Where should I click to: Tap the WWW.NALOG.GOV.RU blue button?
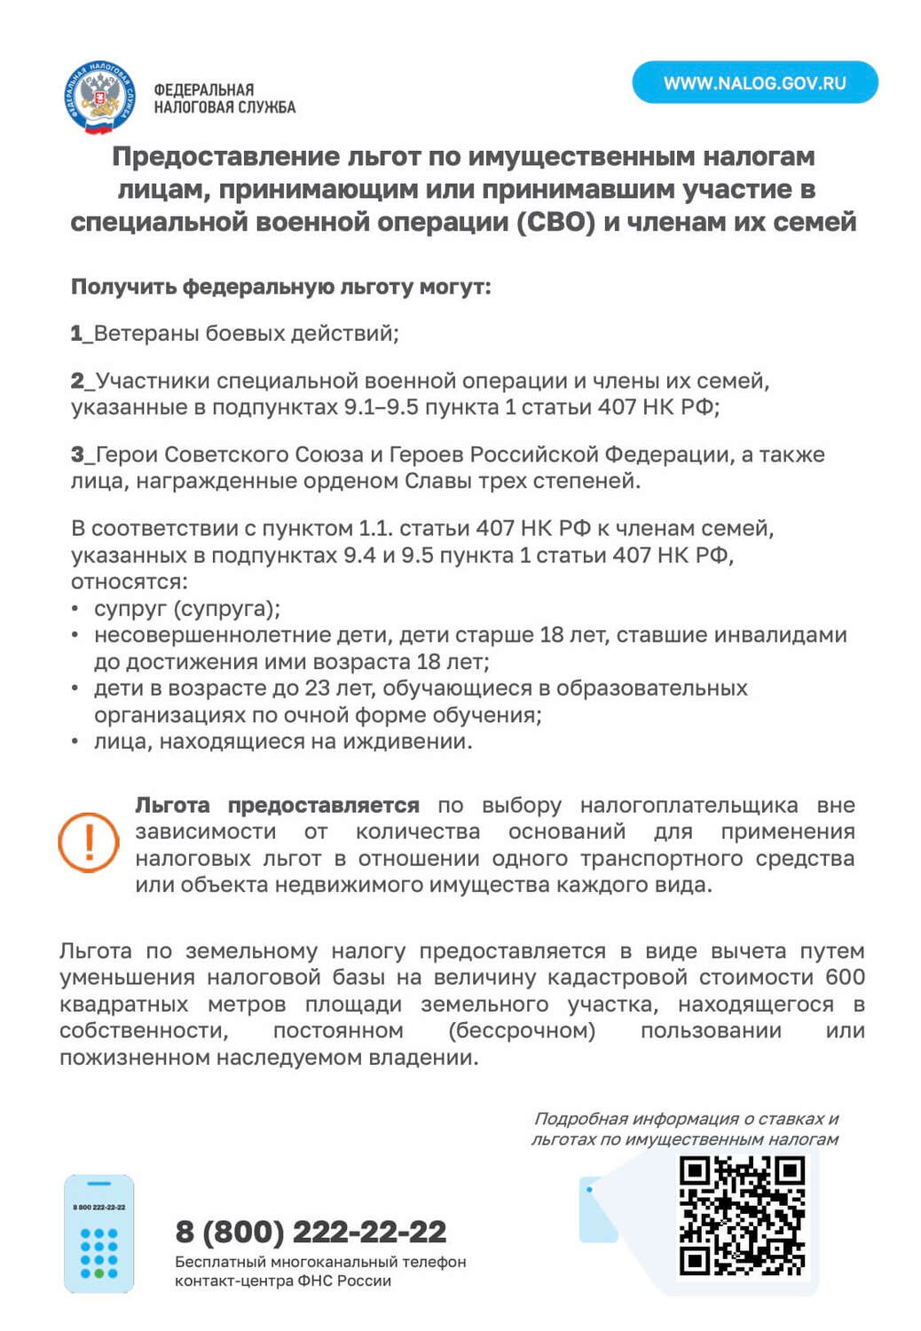(754, 83)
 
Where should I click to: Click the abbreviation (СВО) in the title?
(555, 221)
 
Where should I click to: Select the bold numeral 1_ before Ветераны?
(81, 334)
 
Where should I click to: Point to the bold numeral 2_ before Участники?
(82, 381)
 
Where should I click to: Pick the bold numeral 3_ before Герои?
(82, 454)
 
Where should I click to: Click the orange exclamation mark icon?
(89, 842)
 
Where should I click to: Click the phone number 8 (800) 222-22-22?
(311, 1232)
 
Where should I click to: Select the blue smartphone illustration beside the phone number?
(98, 1233)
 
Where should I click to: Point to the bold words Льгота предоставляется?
(277, 805)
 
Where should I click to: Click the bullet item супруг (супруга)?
(187, 609)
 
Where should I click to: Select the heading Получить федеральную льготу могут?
(280, 287)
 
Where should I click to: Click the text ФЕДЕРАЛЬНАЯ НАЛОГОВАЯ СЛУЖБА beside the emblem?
(224, 98)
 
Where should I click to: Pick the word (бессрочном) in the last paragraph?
(522, 1030)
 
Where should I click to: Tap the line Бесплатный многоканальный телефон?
(320, 1262)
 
